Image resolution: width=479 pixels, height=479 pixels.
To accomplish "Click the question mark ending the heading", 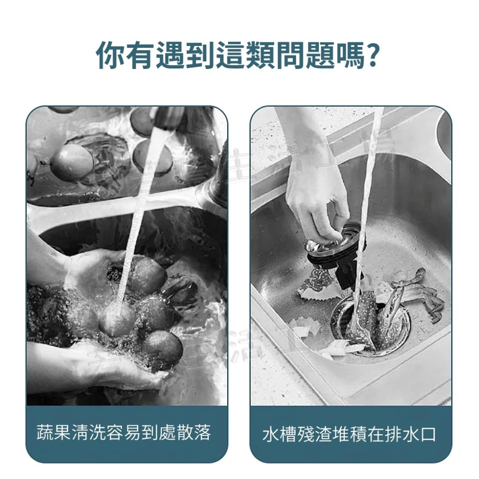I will point(372,57).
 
